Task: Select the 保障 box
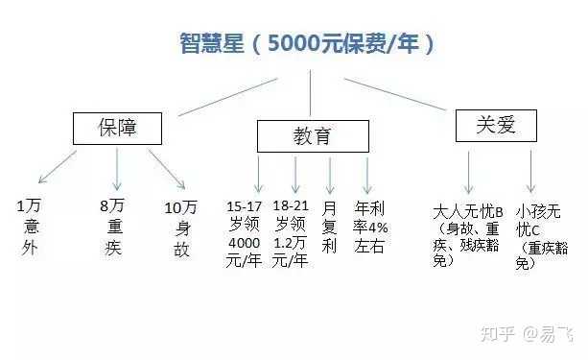pos(118,129)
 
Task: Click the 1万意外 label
pos(29,228)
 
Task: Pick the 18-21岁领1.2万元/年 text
pos(291,232)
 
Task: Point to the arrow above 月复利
pos(331,176)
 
